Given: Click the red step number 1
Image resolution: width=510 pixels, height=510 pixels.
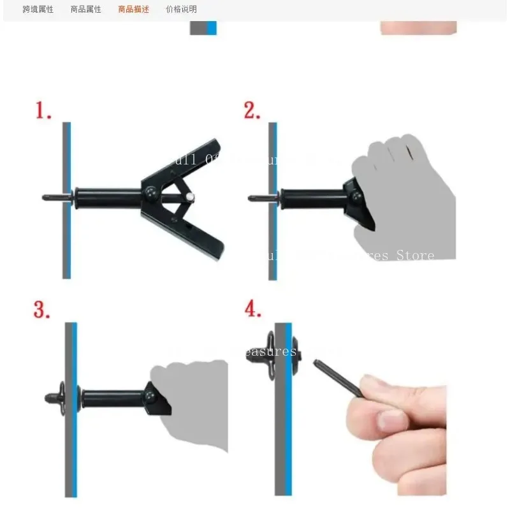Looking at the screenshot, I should click(43, 110).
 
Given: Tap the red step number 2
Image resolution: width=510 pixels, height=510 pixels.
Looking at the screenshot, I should click(252, 110).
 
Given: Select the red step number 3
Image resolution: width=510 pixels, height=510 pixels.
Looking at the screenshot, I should click(42, 310).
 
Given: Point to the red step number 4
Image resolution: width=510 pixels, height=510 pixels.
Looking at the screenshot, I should click(253, 309).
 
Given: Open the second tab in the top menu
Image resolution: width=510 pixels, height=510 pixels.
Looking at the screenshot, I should click(86, 10).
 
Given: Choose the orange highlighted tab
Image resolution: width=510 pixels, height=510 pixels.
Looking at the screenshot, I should click(133, 10).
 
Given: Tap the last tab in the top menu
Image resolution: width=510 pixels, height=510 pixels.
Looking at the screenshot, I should click(181, 10).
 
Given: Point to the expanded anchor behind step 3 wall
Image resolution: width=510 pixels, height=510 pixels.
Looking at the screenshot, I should click(56, 396).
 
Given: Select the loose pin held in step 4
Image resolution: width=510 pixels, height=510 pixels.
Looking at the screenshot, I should click(338, 378).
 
